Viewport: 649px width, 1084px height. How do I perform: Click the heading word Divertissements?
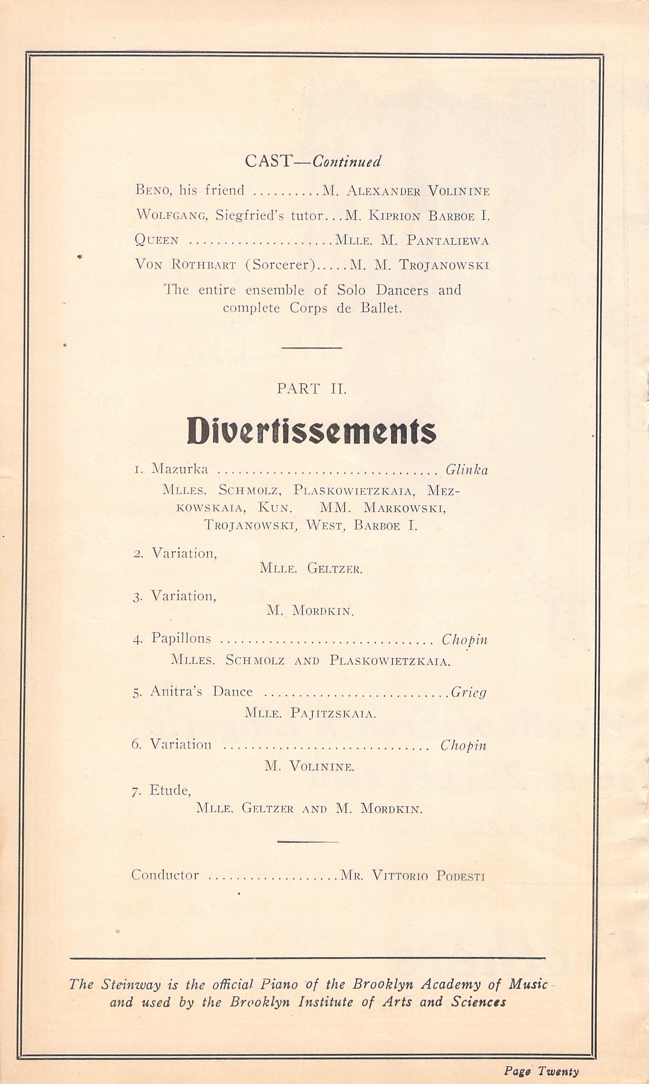pos(311,431)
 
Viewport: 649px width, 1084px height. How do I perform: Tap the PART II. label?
pos(311,389)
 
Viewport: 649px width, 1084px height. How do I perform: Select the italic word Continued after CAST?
pos(347,162)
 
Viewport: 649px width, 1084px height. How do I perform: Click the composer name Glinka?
pos(466,470)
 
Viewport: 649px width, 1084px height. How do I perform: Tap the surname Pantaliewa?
pos(447,240)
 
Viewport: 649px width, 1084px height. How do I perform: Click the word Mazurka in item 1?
pos(179,469)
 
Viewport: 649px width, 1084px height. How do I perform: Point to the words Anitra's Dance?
pos(201,691)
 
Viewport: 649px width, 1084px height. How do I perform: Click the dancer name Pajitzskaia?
pos(332,714)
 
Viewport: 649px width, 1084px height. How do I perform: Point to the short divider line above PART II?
pos(311,348)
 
